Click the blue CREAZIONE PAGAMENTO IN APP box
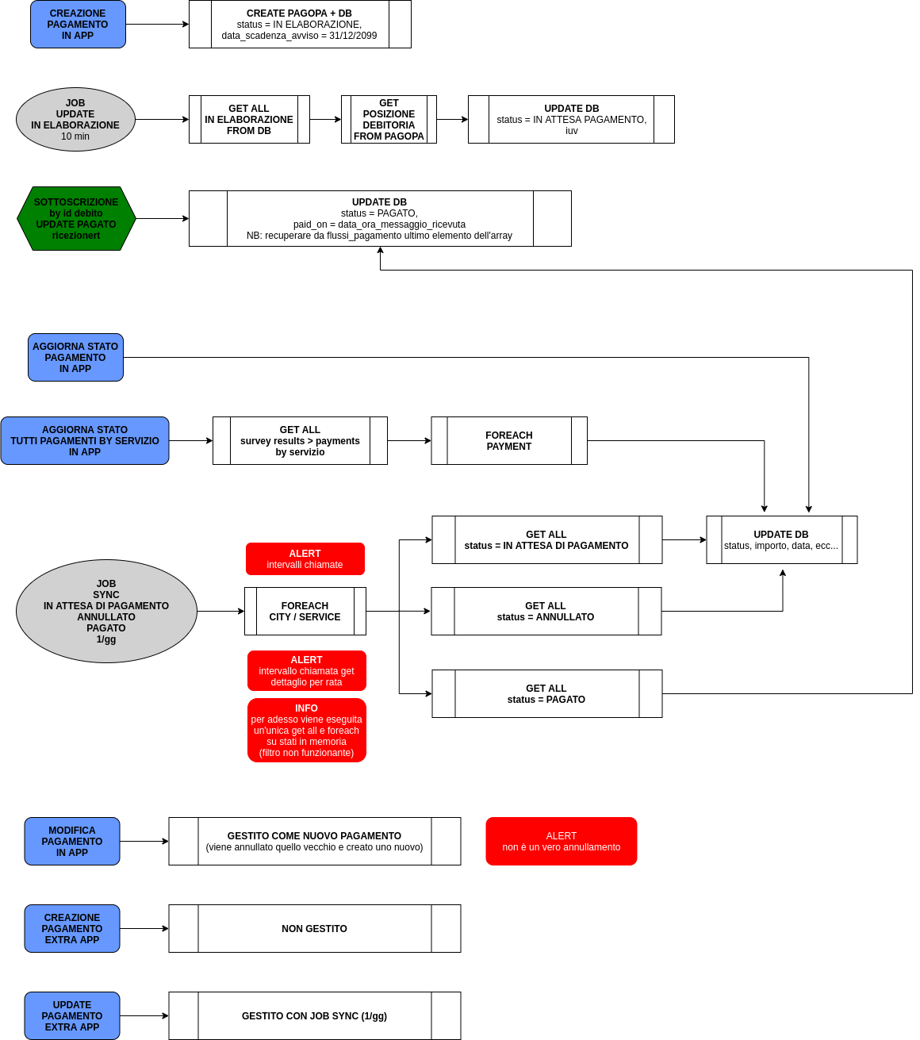click(x=78, y=25)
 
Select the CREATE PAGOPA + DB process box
click(x=300, y=25)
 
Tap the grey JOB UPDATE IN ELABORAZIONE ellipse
click(x=75, y=120)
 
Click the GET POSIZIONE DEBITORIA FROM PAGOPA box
click(x=389, y=120)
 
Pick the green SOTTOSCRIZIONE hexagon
click(x=76, y=219)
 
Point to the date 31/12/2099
click(x=353, y=36)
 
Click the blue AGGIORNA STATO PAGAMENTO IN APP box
click(x=75, y=358)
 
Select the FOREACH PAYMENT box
click(x=509, y=441)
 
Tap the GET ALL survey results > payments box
click(x=300, y=441)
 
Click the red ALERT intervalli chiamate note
click(x=305, y=559)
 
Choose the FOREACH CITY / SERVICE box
click(x=305, y=612)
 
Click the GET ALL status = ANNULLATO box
click(x=546, y=612)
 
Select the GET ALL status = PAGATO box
click(x=546, y=694)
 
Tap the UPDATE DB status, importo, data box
click(x=781, y=540)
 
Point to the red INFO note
click(x=307, y=731)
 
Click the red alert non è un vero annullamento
click(x=562, y=842)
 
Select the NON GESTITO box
click(x=315, y=929)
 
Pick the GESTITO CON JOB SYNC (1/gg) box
click(x=315, y=1016)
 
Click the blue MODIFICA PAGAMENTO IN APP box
click(x=72, y=842)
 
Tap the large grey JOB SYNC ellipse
click(x=106, y=612)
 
